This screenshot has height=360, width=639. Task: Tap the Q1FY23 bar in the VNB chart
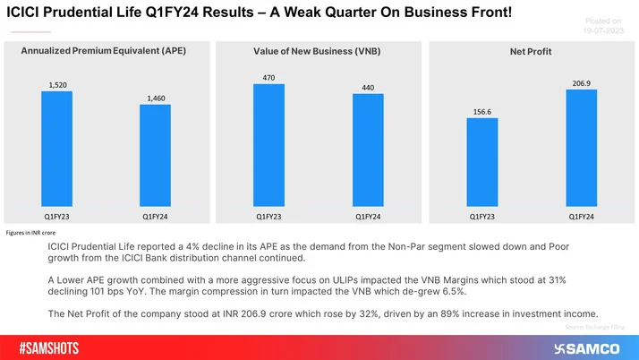coord(268,146)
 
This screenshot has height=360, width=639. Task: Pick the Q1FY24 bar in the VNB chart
coord(367,150)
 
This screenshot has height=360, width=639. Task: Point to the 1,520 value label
coord(57,85)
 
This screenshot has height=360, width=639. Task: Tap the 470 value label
coord(268,77)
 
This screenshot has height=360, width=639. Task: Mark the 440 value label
coord(367,87)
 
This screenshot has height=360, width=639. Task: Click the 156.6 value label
coord(482,112)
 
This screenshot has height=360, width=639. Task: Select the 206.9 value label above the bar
coord(581,82)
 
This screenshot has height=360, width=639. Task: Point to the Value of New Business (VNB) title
coord(317,52)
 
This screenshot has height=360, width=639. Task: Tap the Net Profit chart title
coord(531,52)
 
